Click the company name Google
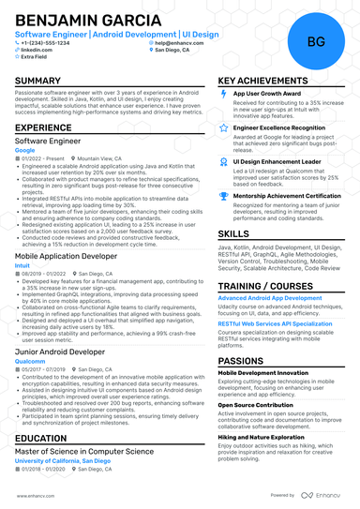coord(25,150)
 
